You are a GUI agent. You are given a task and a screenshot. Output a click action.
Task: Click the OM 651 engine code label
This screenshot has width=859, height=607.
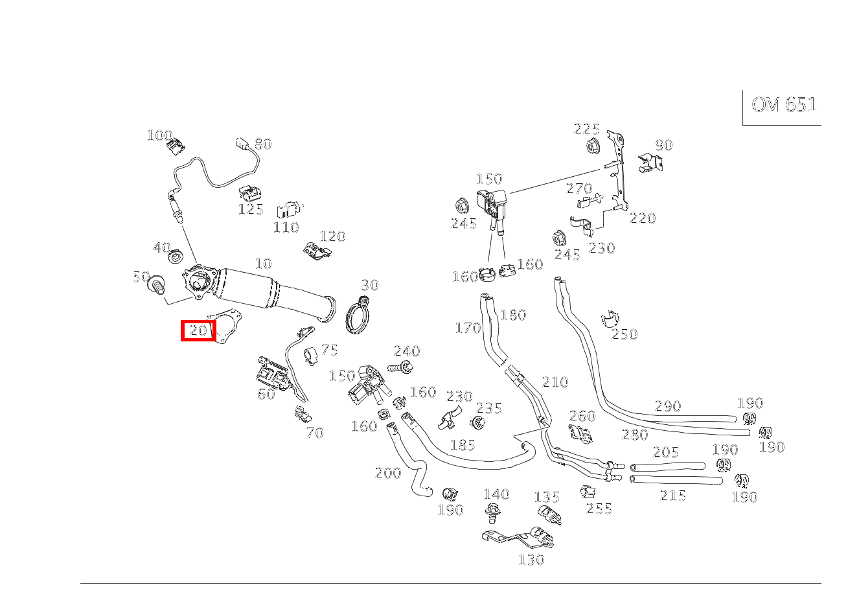click(783, 105)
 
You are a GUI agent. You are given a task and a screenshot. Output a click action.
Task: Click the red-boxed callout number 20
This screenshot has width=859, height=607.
click(198, 331)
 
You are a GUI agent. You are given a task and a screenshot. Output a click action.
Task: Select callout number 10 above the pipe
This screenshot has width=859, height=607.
click(263, 264)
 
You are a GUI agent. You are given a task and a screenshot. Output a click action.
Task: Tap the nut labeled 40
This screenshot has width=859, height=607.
click(175, 257)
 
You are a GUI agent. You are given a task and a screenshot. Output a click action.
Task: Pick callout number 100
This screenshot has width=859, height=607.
click(159, 135)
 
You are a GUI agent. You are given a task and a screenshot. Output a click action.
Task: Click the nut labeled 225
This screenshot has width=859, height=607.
click(591, 146)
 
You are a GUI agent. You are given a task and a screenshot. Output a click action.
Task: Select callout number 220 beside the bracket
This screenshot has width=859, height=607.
click(643, 219)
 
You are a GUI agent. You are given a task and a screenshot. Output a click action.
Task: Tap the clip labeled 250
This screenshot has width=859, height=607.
click(610, 319)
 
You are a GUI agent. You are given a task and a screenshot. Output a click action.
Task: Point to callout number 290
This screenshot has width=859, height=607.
click(668, 406)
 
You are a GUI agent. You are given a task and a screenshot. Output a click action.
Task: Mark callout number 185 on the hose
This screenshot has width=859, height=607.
click(463, 445)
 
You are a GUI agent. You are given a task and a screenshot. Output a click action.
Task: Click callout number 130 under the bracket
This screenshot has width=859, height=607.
click(531, 560)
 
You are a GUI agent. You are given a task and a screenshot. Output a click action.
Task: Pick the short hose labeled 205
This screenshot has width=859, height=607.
click(667, 466)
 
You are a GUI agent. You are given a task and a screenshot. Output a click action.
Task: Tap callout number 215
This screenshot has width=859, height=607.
click(672, 496)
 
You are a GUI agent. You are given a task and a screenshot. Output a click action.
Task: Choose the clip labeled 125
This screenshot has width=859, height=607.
click(248, 193)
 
